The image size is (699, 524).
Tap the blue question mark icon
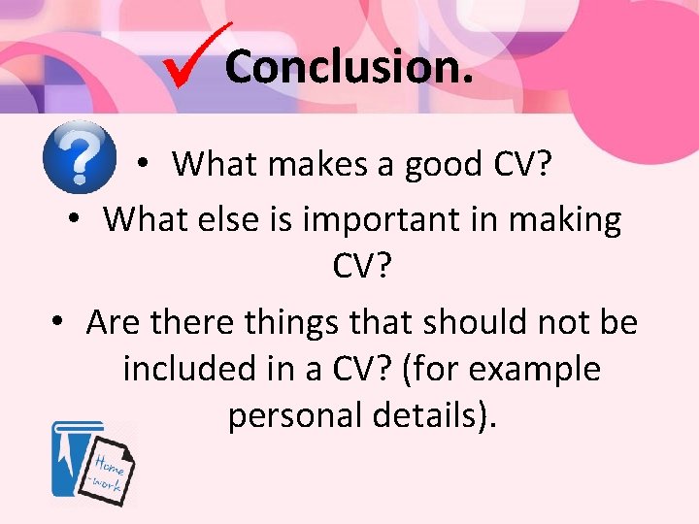coord(80,157)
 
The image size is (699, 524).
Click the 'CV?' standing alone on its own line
coord(360,267)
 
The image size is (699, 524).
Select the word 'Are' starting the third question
coord(112,322)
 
